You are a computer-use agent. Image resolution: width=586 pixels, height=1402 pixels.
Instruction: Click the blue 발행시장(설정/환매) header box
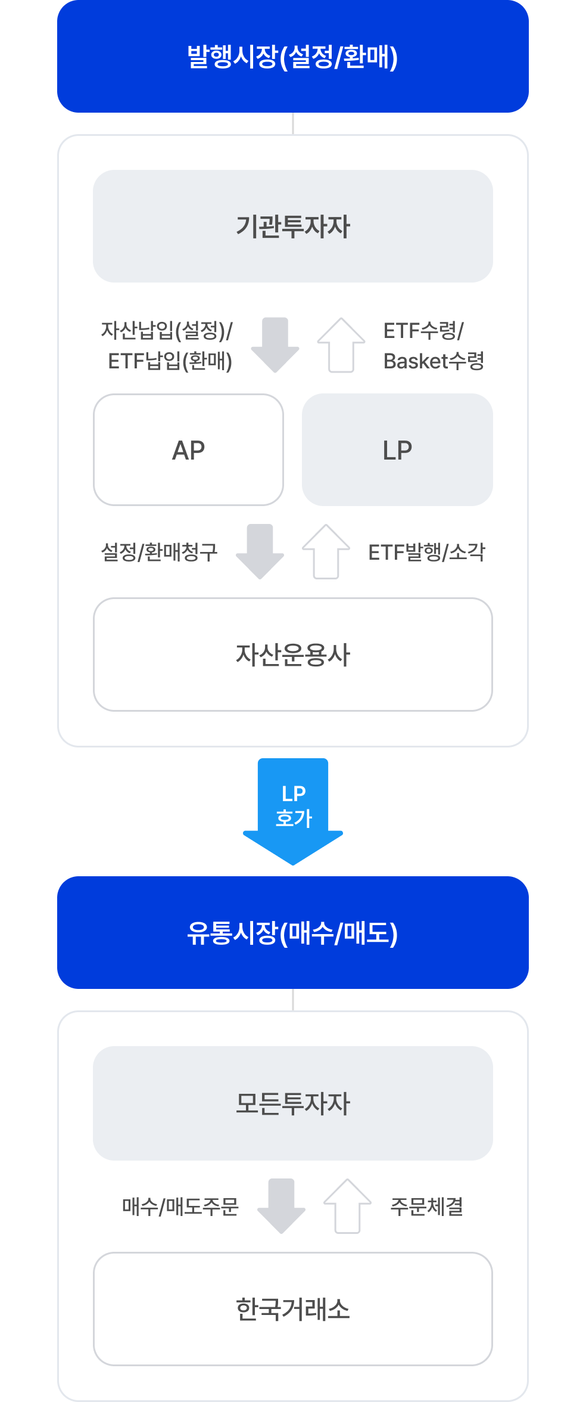click(x=292, y=57)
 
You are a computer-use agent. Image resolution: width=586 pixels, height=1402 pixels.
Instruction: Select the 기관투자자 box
click(x=292, y=227)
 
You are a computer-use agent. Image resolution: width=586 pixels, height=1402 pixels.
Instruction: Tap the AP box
click(x=188, y=450)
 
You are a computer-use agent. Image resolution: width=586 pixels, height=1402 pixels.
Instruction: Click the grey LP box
click(x=397, y=450)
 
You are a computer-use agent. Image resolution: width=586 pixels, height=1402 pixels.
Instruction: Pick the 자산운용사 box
click(x=292, y=655)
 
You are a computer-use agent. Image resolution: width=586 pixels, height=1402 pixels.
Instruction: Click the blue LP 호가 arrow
click(x=293, y=808)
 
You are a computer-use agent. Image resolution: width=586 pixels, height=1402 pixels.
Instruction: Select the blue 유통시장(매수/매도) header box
click(x=292, y=933)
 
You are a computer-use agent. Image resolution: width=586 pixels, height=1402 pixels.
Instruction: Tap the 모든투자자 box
click(x=292, y=1103)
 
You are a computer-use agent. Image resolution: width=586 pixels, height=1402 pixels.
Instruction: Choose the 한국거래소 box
click(x=292, y=1309)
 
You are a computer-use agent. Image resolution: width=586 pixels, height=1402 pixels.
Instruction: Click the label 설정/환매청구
click(x=160, y=552)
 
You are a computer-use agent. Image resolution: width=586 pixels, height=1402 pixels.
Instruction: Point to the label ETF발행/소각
click(x=426, y=552)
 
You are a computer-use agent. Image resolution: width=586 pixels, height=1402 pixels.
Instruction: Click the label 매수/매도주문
click(x=180, y=1206)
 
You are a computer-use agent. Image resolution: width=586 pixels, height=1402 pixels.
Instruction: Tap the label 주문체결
click(x=426, y=1206)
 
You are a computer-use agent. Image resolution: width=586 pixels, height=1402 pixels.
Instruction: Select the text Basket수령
click(x=434, y=361)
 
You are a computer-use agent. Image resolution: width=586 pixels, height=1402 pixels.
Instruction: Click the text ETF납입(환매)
click(x=170, y=361)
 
